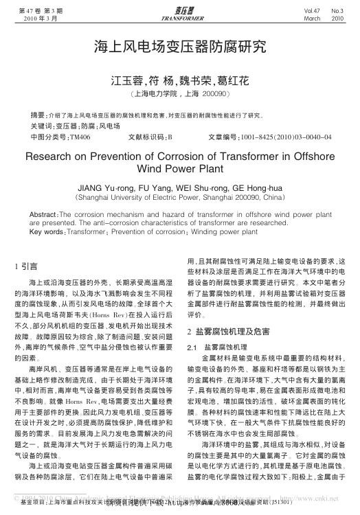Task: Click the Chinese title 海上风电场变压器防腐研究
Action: tap(180, 47)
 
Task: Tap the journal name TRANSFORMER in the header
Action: tap(179, 19)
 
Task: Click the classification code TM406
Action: tap(80, 136)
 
